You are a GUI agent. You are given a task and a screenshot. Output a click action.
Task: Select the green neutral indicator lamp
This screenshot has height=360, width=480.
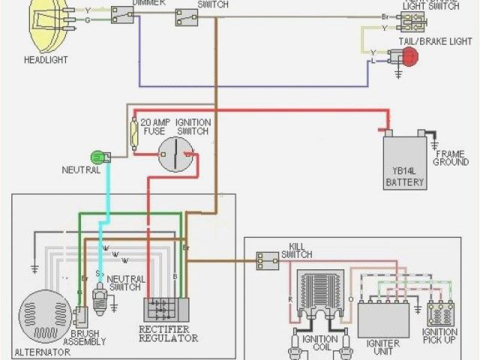coord(97,157)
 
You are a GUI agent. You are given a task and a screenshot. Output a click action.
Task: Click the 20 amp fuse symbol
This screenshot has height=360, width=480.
coord(135,136)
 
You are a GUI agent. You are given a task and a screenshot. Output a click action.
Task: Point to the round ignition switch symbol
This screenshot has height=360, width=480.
coord(178,154)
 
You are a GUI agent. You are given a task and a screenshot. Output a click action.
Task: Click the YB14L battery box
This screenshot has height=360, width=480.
coord(405,161)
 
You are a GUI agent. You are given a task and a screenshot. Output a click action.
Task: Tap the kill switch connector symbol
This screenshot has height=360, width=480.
coord(267,261)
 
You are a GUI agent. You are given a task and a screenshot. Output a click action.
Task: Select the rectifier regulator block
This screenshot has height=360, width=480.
coord(166,310)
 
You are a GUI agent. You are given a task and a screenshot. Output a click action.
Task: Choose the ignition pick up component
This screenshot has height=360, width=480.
coord(439,313)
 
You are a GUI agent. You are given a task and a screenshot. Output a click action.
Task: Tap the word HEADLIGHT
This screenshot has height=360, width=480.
coord(46,60)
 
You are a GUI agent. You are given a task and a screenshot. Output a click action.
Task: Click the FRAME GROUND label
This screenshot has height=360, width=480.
coord(451,157)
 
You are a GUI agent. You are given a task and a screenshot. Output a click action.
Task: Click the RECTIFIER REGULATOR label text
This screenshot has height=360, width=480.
coord(169,333)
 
